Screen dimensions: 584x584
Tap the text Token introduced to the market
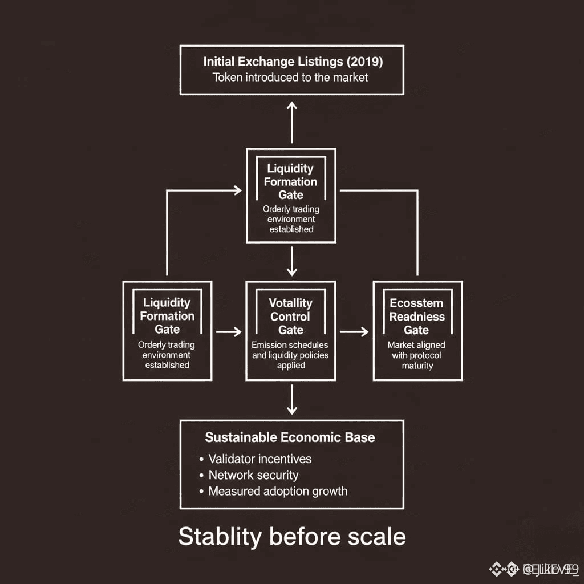point(291,77)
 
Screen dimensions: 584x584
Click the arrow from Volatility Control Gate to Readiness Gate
point(354,331)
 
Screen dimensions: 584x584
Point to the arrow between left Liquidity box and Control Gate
point(229,331)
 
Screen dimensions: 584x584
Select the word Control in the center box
point(290,317)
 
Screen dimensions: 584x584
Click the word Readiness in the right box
point(417,317)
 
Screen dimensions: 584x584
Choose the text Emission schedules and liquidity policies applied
point(290,355)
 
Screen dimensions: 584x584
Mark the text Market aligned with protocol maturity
point(417,355)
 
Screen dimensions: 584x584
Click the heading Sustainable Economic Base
point(290,438)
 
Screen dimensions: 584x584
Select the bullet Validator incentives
point(259,459)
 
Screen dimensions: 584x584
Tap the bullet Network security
point(253,475)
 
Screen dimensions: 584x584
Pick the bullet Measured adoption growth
point(277,491)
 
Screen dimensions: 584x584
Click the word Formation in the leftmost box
point(167,316)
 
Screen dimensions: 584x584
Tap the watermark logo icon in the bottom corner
point(502,568)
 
